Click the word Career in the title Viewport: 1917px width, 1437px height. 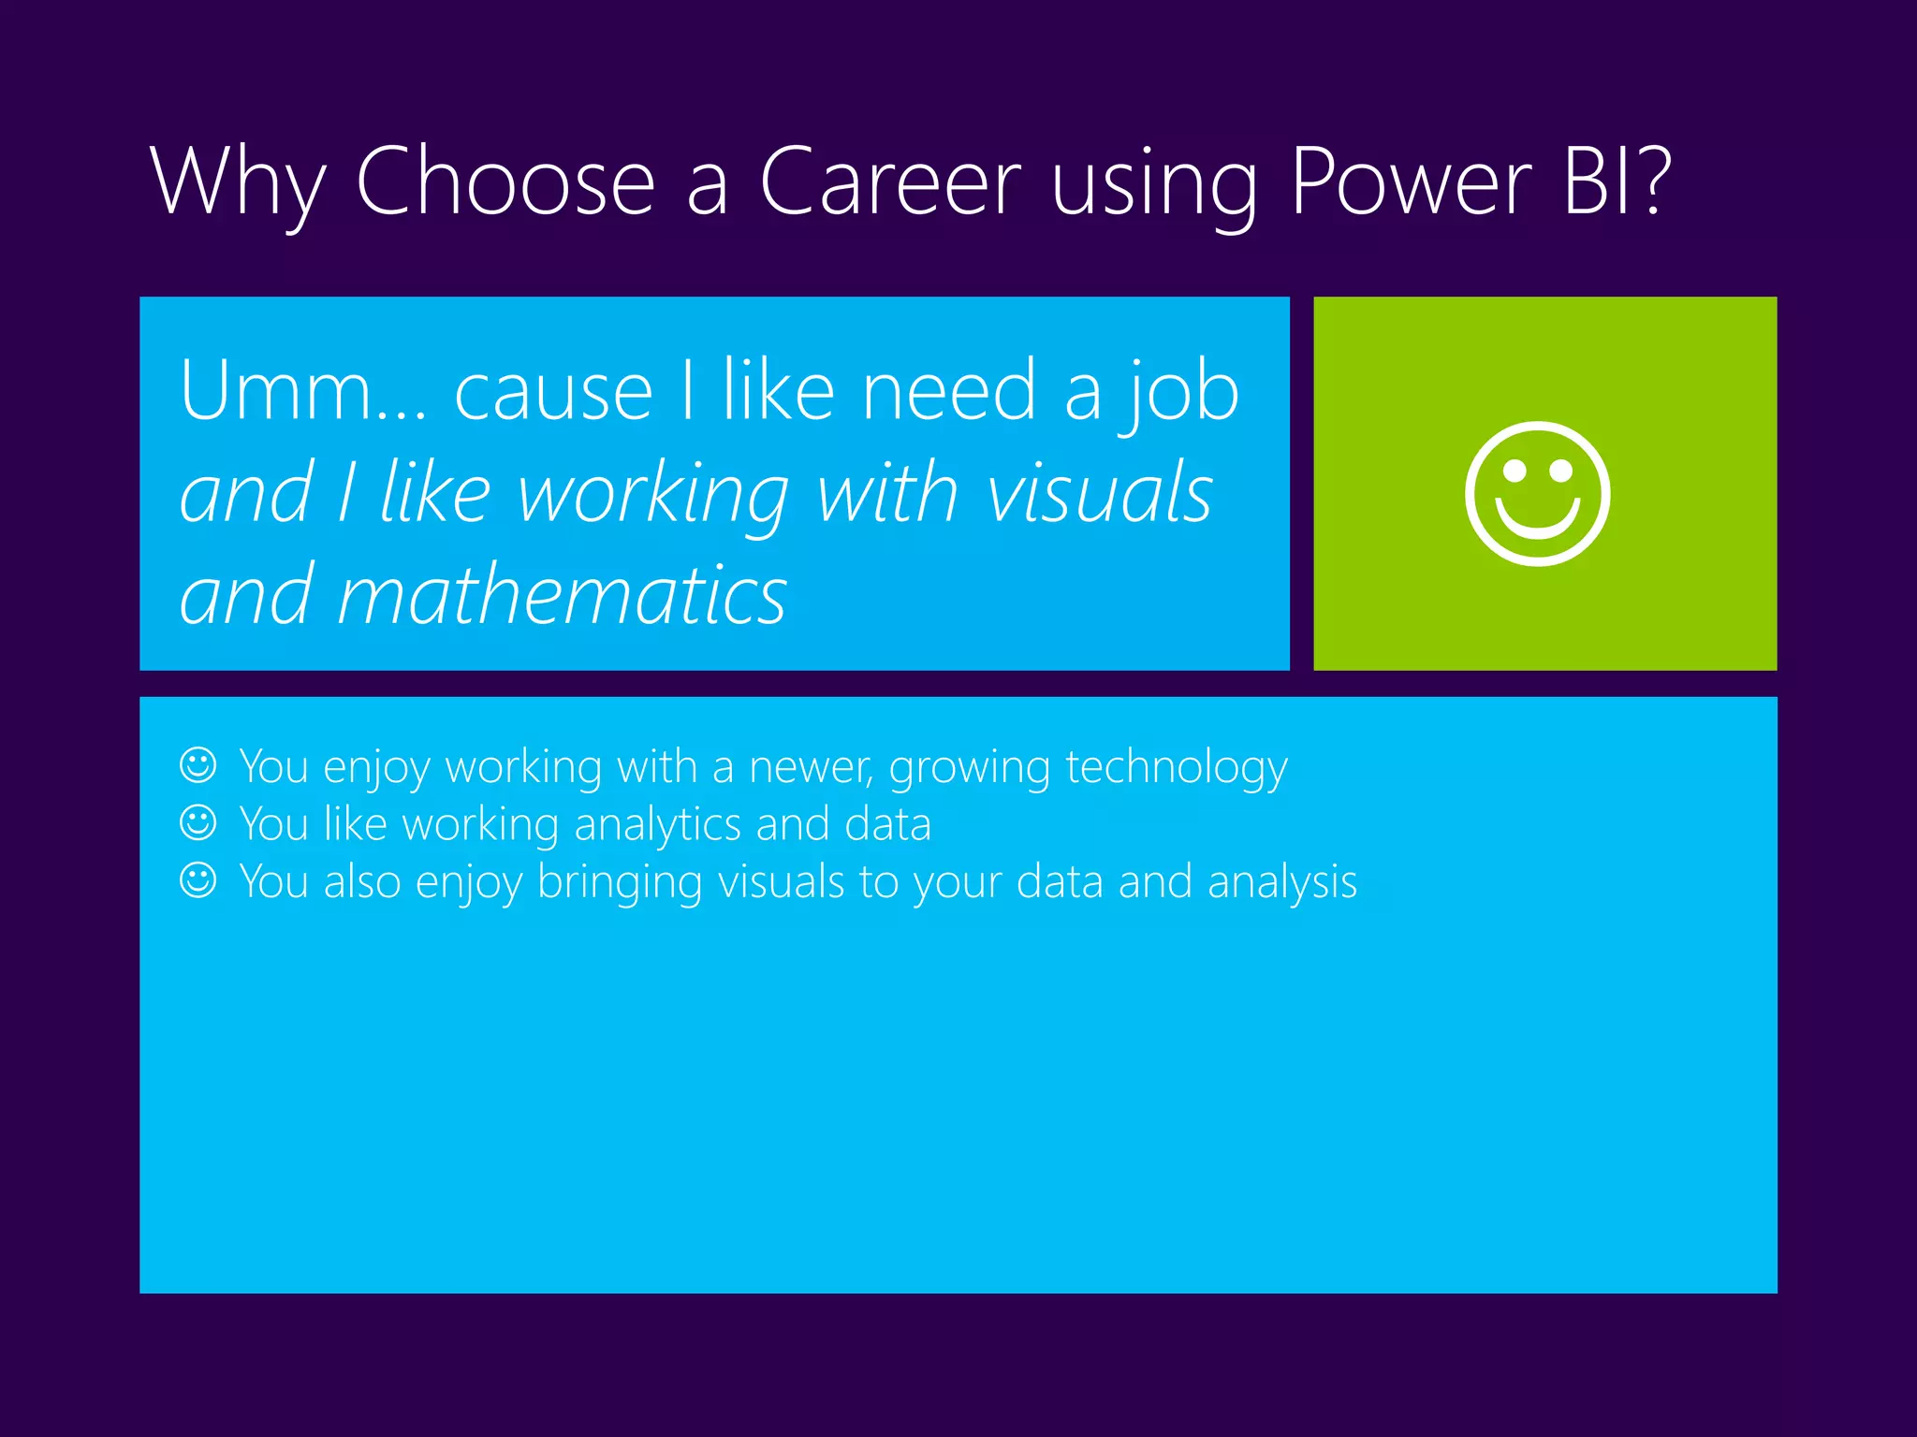coord(890,181)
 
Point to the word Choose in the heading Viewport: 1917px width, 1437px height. coord(506,181)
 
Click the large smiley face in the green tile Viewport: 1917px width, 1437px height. coord(1537,494)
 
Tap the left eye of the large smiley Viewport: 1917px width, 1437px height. coord(1514,471)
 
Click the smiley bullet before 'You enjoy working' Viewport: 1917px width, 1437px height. coord(198,765)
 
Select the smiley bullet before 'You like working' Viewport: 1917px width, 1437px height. coord(198,823)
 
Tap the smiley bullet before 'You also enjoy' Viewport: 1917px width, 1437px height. coord(198,880)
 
